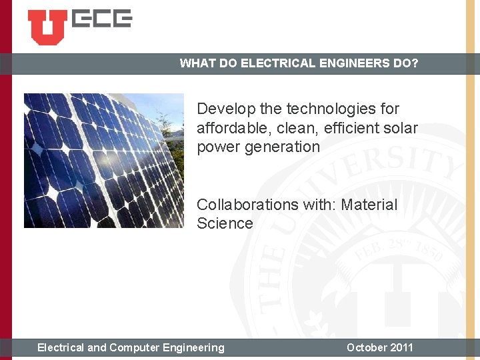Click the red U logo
click(x=47, y=26)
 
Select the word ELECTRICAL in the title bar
click(x=270, y=64)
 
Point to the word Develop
click(x=222, y=109)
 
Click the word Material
click(x=369, y=205)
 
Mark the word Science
click(x=225, y=224)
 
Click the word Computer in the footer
click(x=139, y=347)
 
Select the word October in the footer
click(x=366, y=347)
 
